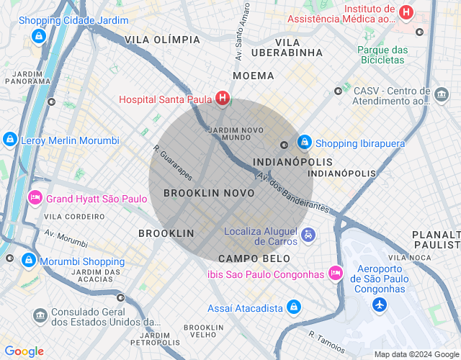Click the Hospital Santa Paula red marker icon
point(223,99)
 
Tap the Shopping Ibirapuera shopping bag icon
point(304,143)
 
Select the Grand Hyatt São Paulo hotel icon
point(34,197)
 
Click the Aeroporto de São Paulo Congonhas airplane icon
point(380,305)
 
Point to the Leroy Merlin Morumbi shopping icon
point(10,140)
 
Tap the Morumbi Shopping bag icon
point(28,260)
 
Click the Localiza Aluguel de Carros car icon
point(308,235)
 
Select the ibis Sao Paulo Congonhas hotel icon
point(335,273)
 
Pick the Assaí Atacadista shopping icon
point(293,307)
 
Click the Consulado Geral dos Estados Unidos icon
point(40,315)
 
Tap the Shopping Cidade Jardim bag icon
point(39,35)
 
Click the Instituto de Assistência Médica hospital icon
point(406,12)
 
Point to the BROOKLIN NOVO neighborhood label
point(209,193)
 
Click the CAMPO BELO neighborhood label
point(254,258)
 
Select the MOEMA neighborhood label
point(254,76)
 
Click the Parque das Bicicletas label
point(382,55)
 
